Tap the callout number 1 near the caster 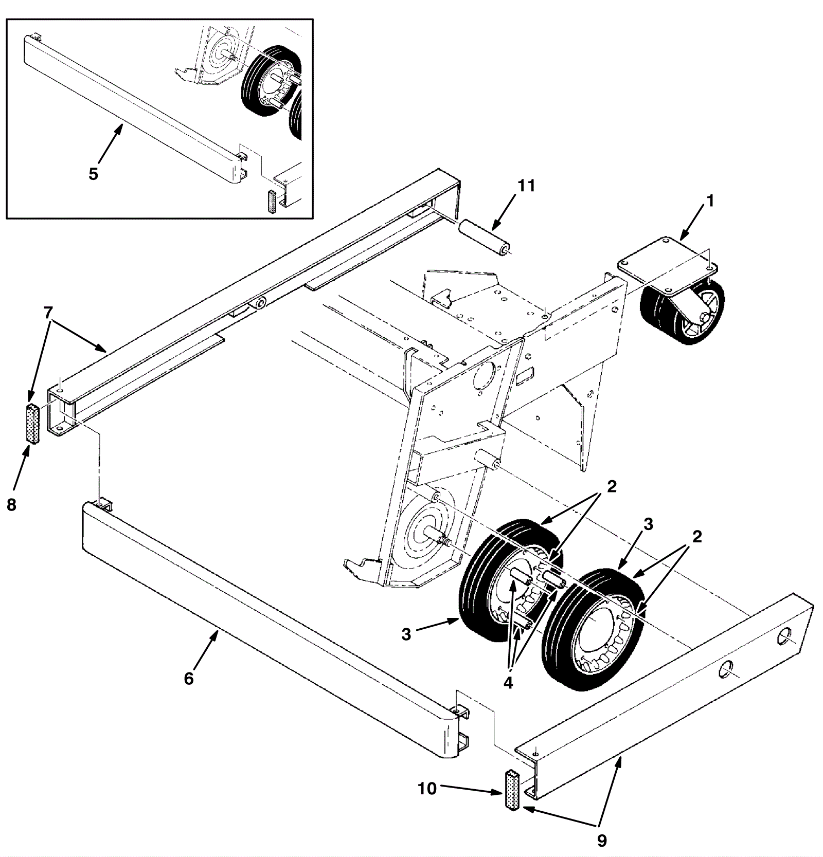coord(710,202)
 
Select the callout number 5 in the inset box coord(93,174)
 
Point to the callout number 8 coord(11,505)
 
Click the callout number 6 coord(189,679)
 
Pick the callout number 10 coord(427,788)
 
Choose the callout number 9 coord(601,840)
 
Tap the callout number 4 coord(508,683)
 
